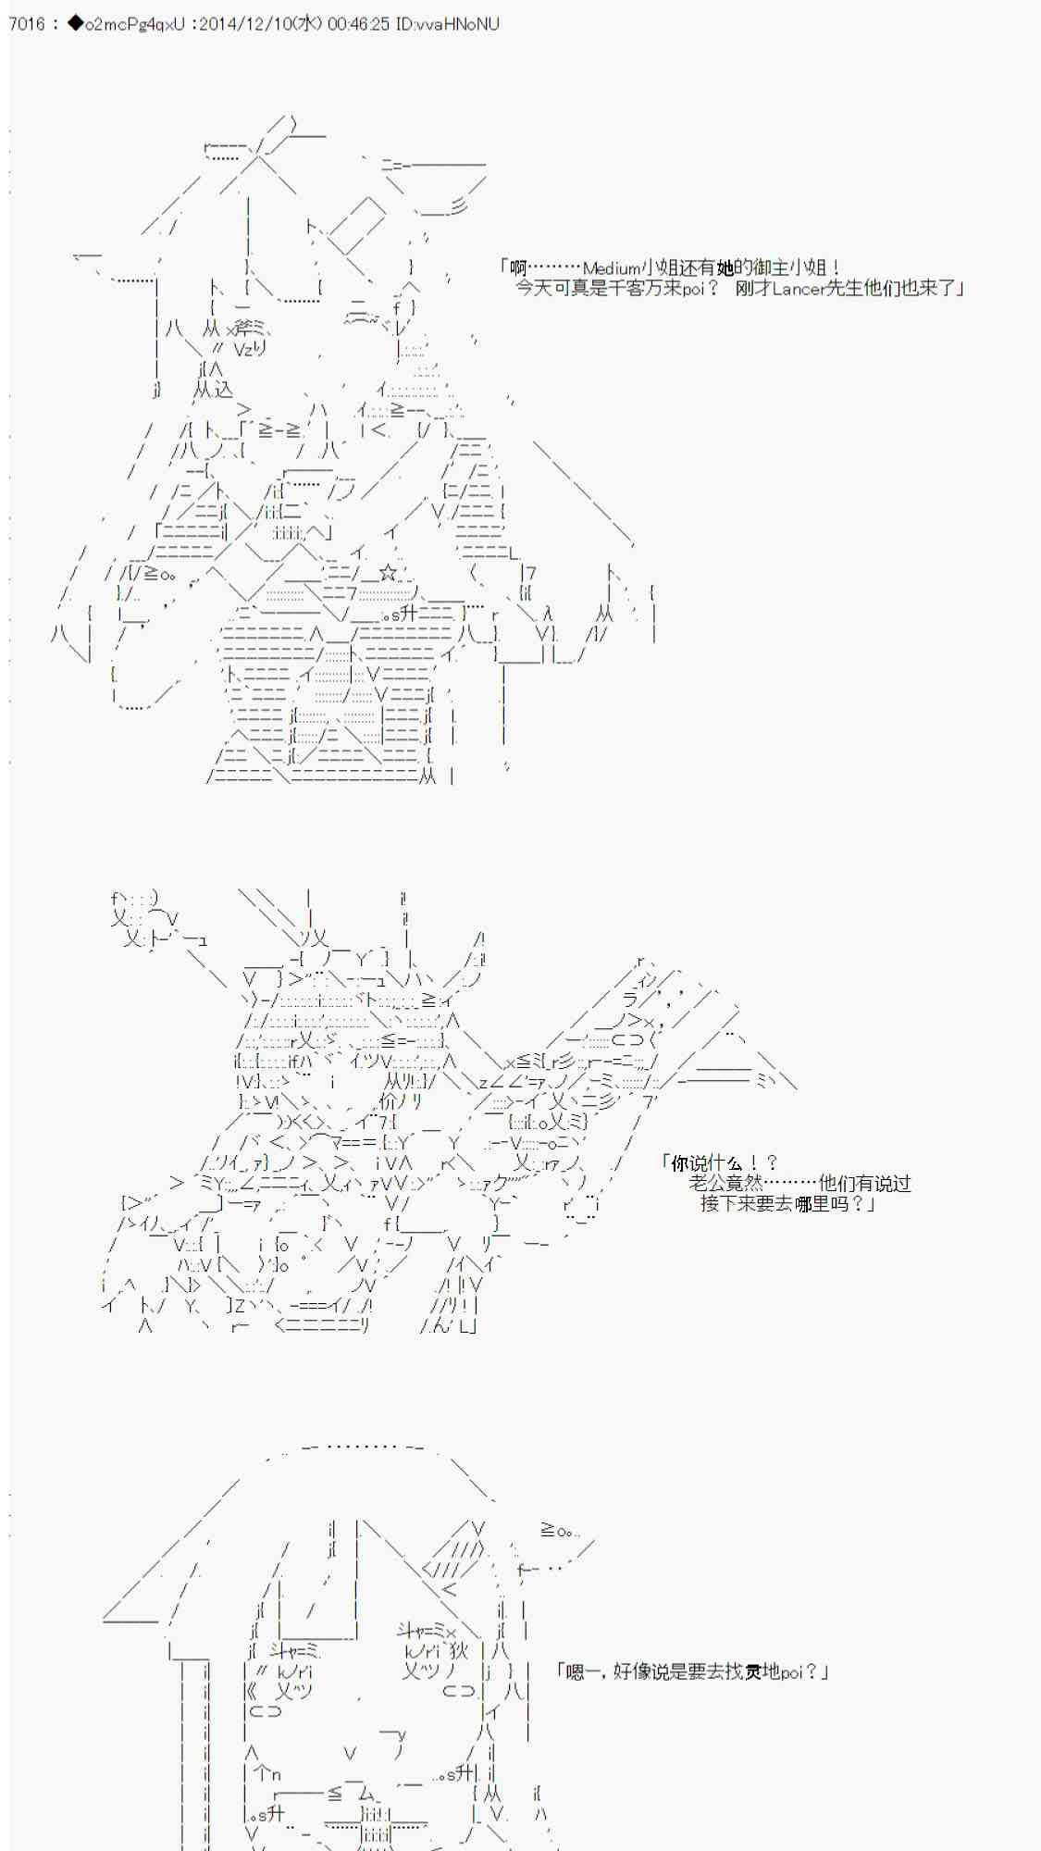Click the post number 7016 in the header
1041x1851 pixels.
[x=26, y=23]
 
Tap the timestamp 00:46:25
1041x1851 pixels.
[x=357, y=23]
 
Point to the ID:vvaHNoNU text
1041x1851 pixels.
[x=447, y=23]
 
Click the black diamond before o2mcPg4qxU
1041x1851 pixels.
[x=75, y=23]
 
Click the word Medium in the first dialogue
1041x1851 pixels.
[x=611, y=268]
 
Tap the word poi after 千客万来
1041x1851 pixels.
[x=694, y=289]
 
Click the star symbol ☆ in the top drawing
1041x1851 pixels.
[x=389, y=573]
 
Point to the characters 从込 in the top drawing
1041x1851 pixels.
[x=214, y=390]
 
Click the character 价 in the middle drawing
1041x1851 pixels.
[x=389, y=1101]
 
